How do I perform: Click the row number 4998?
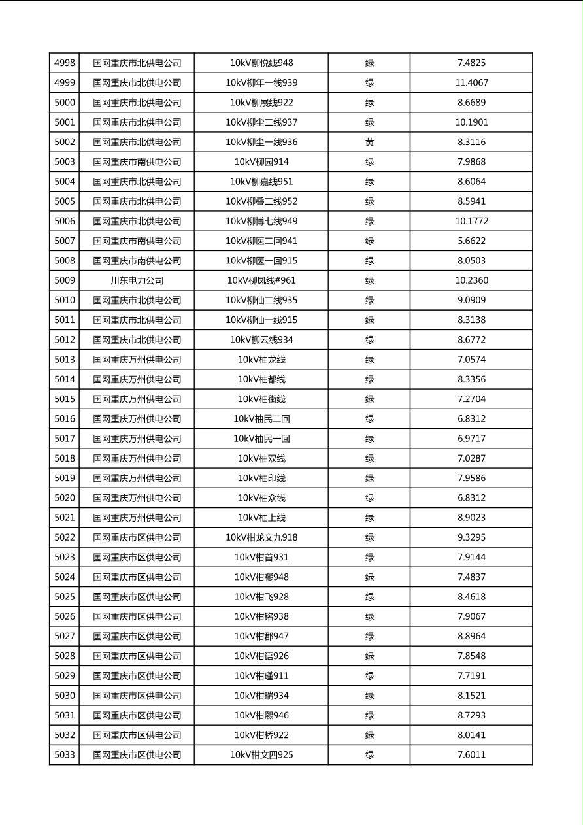point(65,63)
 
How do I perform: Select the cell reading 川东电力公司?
point(137,280)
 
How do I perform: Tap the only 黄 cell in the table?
point(369,142)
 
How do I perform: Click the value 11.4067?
point(471,83)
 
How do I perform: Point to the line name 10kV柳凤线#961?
point(261,280)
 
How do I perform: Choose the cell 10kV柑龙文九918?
point(261,537)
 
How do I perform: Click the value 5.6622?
point(471,241)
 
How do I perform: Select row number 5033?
point(65,755)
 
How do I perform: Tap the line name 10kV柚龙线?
point(261,360)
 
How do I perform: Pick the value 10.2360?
point(471,280)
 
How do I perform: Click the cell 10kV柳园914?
point(261,161)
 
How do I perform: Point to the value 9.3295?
point(471,537)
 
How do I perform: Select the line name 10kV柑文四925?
point(261,755)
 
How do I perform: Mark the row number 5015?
point(65,399)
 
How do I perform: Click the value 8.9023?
point(471,518)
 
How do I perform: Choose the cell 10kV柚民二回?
point(261,419)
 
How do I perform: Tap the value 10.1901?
point(471,122)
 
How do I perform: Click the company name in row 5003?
point(137,161)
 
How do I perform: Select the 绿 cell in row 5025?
point(369,597)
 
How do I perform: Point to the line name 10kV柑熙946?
point(261,715)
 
